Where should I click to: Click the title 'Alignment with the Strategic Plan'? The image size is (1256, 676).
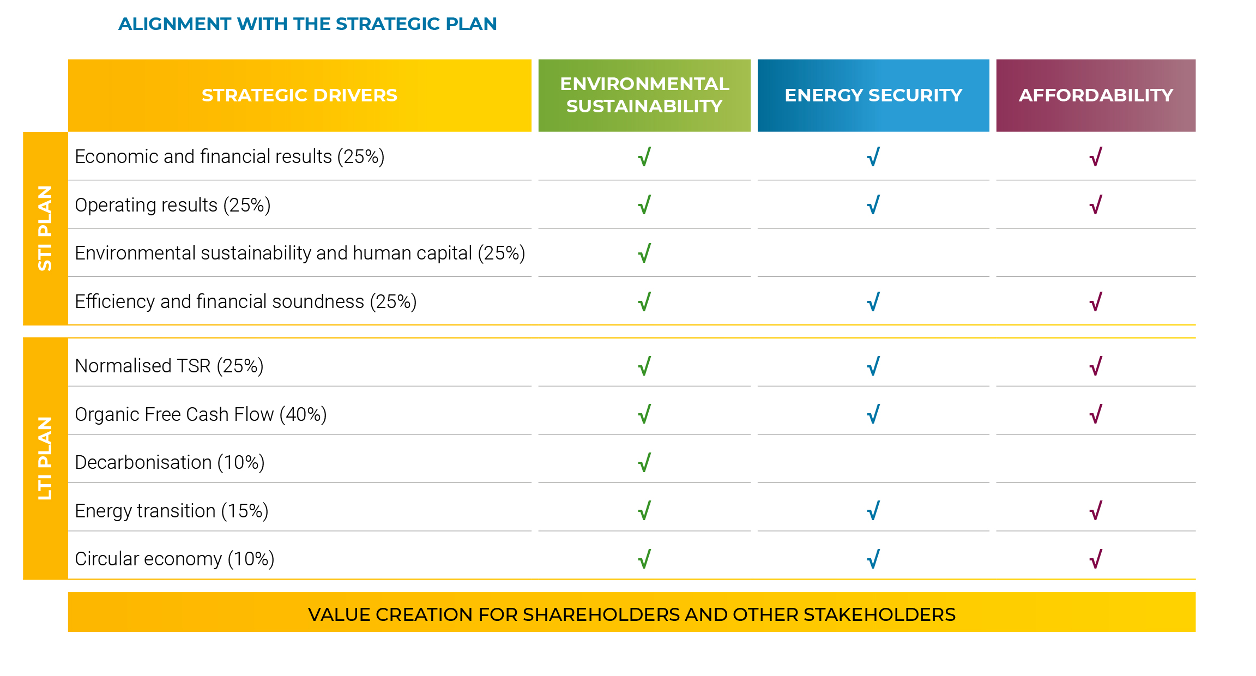coord(307,24)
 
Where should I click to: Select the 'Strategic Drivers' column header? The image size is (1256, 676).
coord(299,95)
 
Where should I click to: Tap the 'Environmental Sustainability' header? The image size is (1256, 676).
coord(644,95)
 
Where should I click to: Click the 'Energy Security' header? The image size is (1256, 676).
coord(873,95)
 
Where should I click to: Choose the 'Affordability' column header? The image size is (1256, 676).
coord(1096,95)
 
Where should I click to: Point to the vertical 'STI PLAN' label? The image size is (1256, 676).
coord(45,228)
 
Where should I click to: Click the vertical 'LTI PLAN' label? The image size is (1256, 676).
coord(45,458)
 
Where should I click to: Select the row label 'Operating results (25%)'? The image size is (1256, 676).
coord(173,205)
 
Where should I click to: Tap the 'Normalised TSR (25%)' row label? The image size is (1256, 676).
coord(169,366)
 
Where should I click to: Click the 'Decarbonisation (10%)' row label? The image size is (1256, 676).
coord(170,462)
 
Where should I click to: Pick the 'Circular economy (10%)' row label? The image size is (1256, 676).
coord(174,559)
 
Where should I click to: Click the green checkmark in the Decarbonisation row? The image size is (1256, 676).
coord(644,462)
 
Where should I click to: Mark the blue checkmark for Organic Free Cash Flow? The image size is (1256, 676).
coord(873,414)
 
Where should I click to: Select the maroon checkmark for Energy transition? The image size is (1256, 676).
coord(1096,511)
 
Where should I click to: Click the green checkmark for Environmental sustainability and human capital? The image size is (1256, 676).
coord(644,253)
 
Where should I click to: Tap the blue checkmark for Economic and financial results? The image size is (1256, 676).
coord(873,157)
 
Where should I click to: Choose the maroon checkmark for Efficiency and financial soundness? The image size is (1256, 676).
coord(1096,301)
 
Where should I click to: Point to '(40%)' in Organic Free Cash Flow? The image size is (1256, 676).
coord(303,414)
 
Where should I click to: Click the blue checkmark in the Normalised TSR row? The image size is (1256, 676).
coord(873,366)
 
